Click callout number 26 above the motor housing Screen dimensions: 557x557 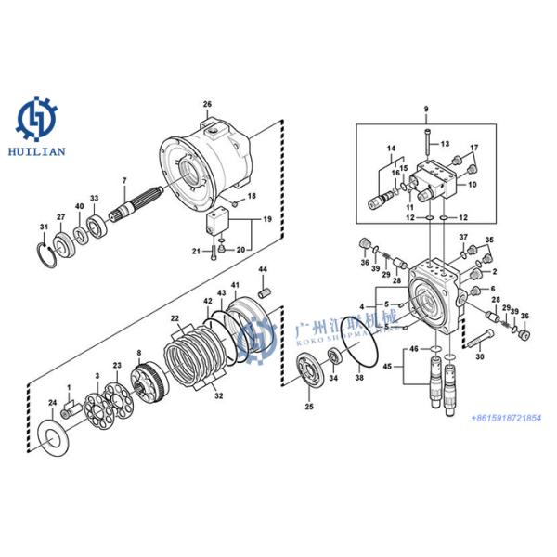tap(207, 103)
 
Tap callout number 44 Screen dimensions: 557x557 tap(263, 269)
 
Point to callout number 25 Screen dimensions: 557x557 tap(308, 407)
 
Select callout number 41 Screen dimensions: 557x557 tap(234, 284)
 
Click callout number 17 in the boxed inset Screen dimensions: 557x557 tap(473, 149)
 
